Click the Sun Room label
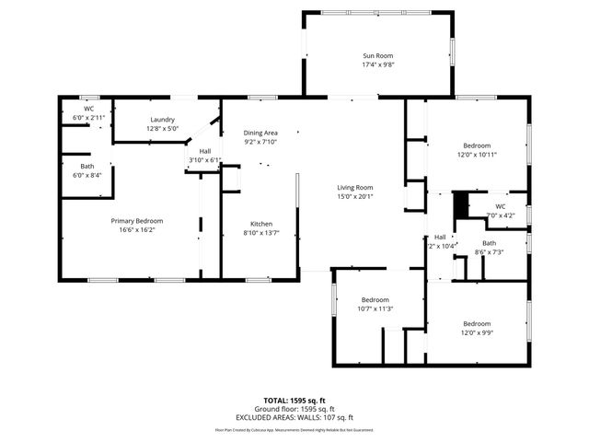click(x=377, y=56)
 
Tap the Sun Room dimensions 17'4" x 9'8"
click(x=377, y=65)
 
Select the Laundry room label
click(x=163, y=120)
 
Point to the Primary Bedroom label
click(x=137, y=221)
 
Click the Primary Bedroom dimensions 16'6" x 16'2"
click(x=137, y=230)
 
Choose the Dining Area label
click(x=260, y=133)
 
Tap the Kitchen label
click(x=261, y=224)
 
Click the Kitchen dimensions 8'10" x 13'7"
click(x=261, y=233)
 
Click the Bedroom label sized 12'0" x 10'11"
click(x=477, y=145)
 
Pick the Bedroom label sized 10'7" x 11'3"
click(x=375, y=300)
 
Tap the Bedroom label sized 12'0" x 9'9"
click(x=477, y=324)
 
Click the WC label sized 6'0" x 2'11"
click(x=89, y=109)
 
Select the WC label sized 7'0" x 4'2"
click(x=501, y=206)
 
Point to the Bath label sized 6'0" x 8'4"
click(x=87, y=166)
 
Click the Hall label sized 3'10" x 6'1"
click(x=205, y=151)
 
